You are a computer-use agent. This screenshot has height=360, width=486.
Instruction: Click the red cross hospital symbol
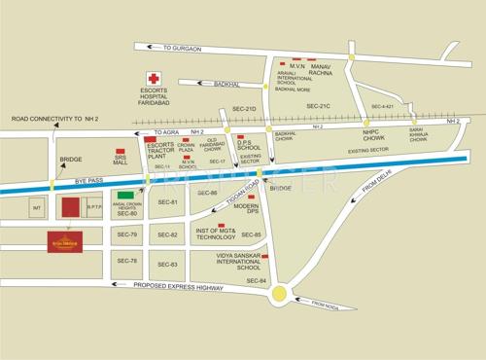pyautogui.click(x=152, y=78)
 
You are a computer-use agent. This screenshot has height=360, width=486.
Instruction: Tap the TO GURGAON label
pyautogui.click(x=183, y=48)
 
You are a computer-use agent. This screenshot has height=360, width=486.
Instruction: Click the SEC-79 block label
pyautogui.click(x=127, y=235)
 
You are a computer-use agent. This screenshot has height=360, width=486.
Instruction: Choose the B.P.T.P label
pyautogui.click(x=94, y=206)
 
